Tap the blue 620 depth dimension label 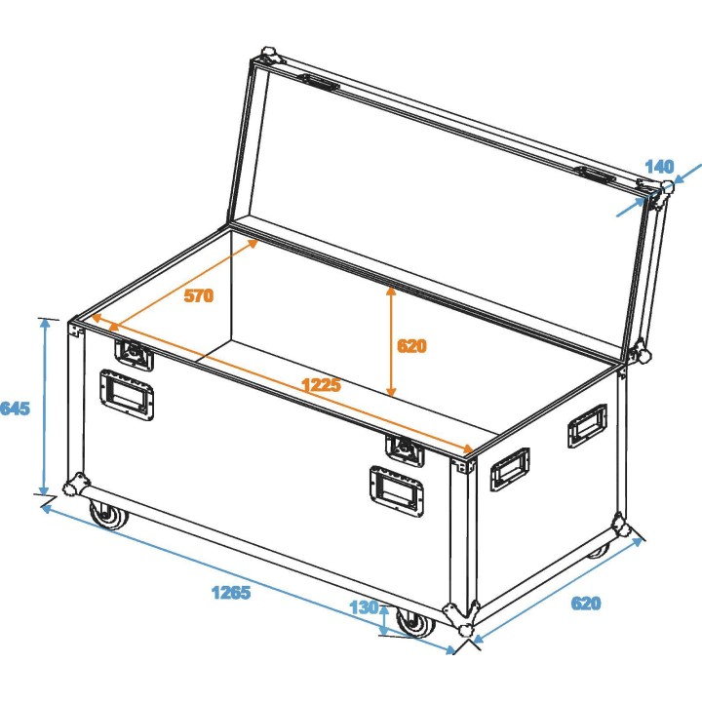tap(587, 604)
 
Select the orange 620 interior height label tap(412, 345)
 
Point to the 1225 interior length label tap(320, 384)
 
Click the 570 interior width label tap(198, 296)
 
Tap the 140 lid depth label tap(660, 167)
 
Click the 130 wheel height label tap(363, 607)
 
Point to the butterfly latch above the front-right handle tap(405, 449)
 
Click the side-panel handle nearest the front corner tap(509, 470)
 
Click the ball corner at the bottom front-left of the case tap(74, 487)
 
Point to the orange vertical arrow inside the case tap(392, 340)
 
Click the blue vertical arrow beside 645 tap(44, 407)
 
